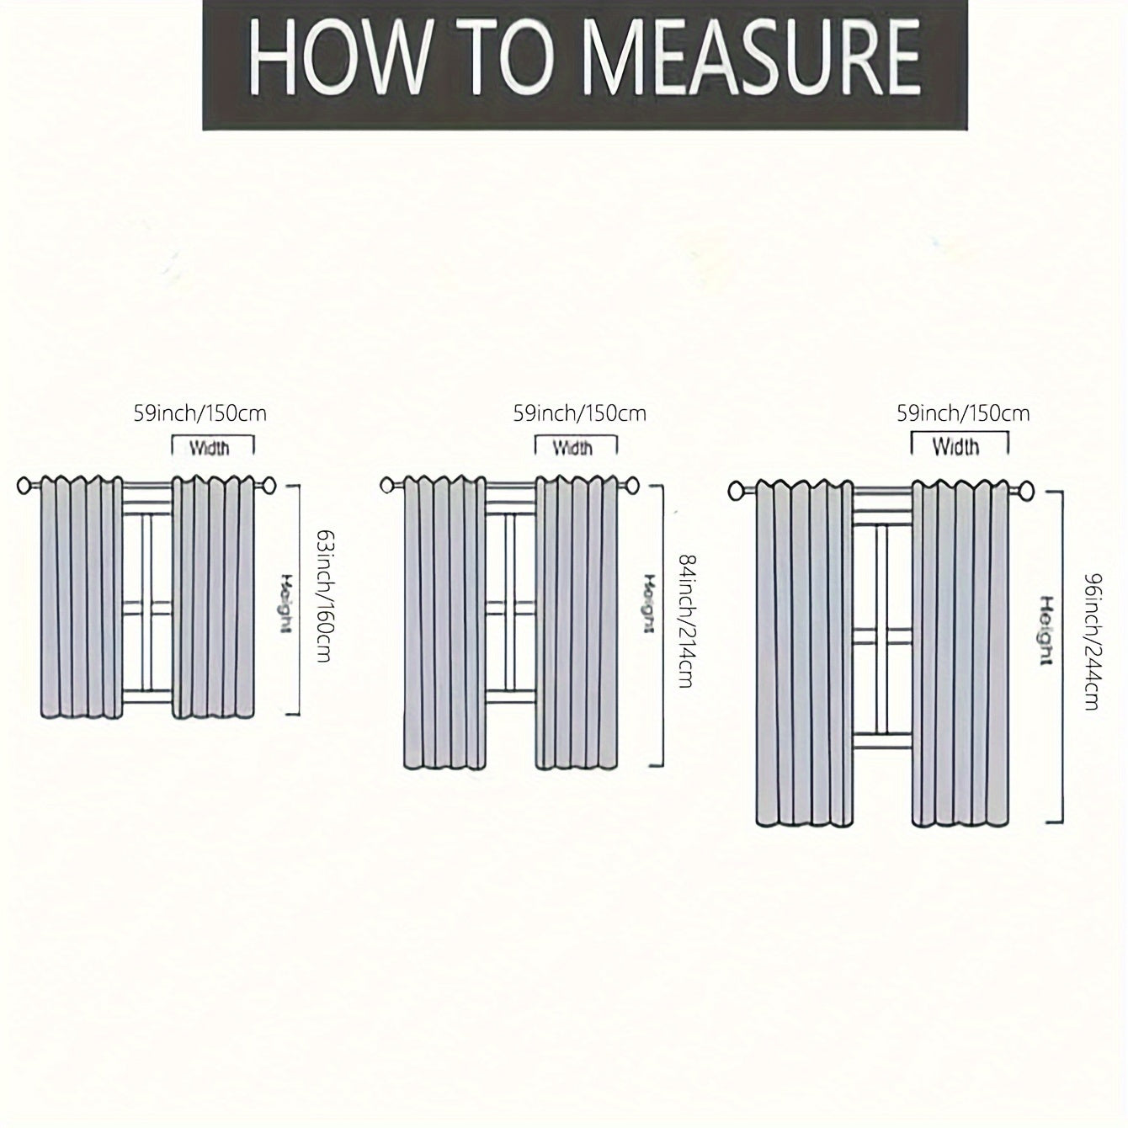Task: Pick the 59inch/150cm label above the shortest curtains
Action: point(200,414)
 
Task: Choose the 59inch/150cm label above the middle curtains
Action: point(579,414)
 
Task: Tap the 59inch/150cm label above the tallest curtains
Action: point(963,414)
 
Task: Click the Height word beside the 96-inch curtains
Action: point(1047,630)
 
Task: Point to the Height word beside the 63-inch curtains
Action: point(285,604)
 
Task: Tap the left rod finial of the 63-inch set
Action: point(24,485)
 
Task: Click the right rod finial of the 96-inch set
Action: point(1027,490)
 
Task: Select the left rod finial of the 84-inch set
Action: point(387,485)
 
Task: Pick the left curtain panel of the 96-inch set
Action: point(804,653)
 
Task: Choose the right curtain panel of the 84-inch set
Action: point(577,622)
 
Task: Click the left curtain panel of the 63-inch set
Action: point(82,597)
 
